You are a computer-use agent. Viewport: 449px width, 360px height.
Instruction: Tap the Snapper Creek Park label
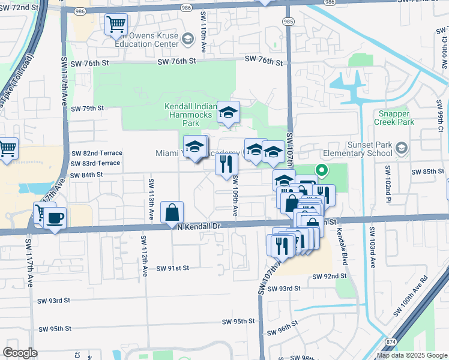pyautogui.click(x=397, y=118)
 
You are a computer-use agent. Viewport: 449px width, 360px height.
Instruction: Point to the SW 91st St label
pyautogui.click(x=173, y=268)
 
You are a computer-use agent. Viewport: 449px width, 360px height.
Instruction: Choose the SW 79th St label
pyautogui.click(x=87, y=109)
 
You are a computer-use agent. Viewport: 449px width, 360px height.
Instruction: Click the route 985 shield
pyautogui.click(x=288, y=22)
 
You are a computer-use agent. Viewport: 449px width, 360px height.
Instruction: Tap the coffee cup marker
pyautogui.click(x=55, y=218)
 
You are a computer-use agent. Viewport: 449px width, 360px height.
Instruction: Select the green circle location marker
pyautogui.click(x=321, y=170)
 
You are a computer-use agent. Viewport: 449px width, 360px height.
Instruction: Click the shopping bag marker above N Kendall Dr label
pyautogui.click(x=172, y=212)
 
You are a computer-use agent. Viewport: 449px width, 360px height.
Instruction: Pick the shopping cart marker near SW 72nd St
pyautogui.click(x=116, y=25)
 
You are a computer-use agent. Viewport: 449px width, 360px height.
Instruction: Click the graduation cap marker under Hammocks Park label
pyautogui.click(x=228, y=112)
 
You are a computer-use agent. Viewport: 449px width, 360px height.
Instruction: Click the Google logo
pyautogui.click(x=20, y=353)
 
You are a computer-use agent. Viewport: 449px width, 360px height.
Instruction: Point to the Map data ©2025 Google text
pyautogui.click(x=411, y=355)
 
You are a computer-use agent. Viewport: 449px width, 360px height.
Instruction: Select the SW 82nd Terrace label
pyautogui.click(x=96, y=153)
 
